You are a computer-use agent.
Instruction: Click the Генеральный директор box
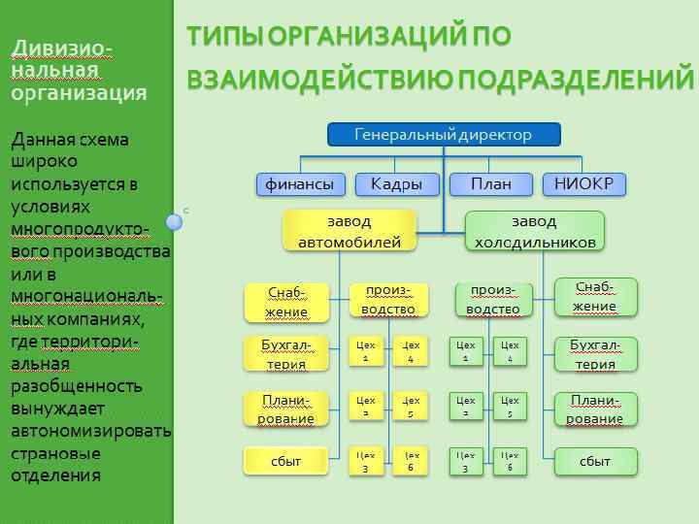coord(444,134)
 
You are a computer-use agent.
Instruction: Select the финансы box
coord(300,183)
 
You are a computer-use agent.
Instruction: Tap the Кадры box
coord(396,183)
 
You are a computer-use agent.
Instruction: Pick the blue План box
coord(491,183)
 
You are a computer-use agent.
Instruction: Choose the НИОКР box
coord(583,183)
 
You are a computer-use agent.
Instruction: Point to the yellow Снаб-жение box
coord(286,301)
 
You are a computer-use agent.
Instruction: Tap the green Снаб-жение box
coord(595,297)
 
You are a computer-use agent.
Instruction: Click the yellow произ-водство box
coord(388,301)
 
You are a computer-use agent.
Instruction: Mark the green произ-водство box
coord(493,301)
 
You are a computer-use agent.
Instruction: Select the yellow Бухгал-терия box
coord(286,354)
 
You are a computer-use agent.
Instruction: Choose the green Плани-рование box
coord(595,409)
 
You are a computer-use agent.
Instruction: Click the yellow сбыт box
coord(286,461)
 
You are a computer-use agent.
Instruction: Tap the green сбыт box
coord(595,461)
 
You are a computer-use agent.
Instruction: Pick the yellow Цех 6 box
coord(412,461)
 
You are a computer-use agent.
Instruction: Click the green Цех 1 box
coord(466,351)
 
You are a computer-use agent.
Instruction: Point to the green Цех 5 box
coord(511,407)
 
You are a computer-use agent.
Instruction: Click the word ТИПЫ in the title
coord(222,36)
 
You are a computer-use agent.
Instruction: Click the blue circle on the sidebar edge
coord(174,222)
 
